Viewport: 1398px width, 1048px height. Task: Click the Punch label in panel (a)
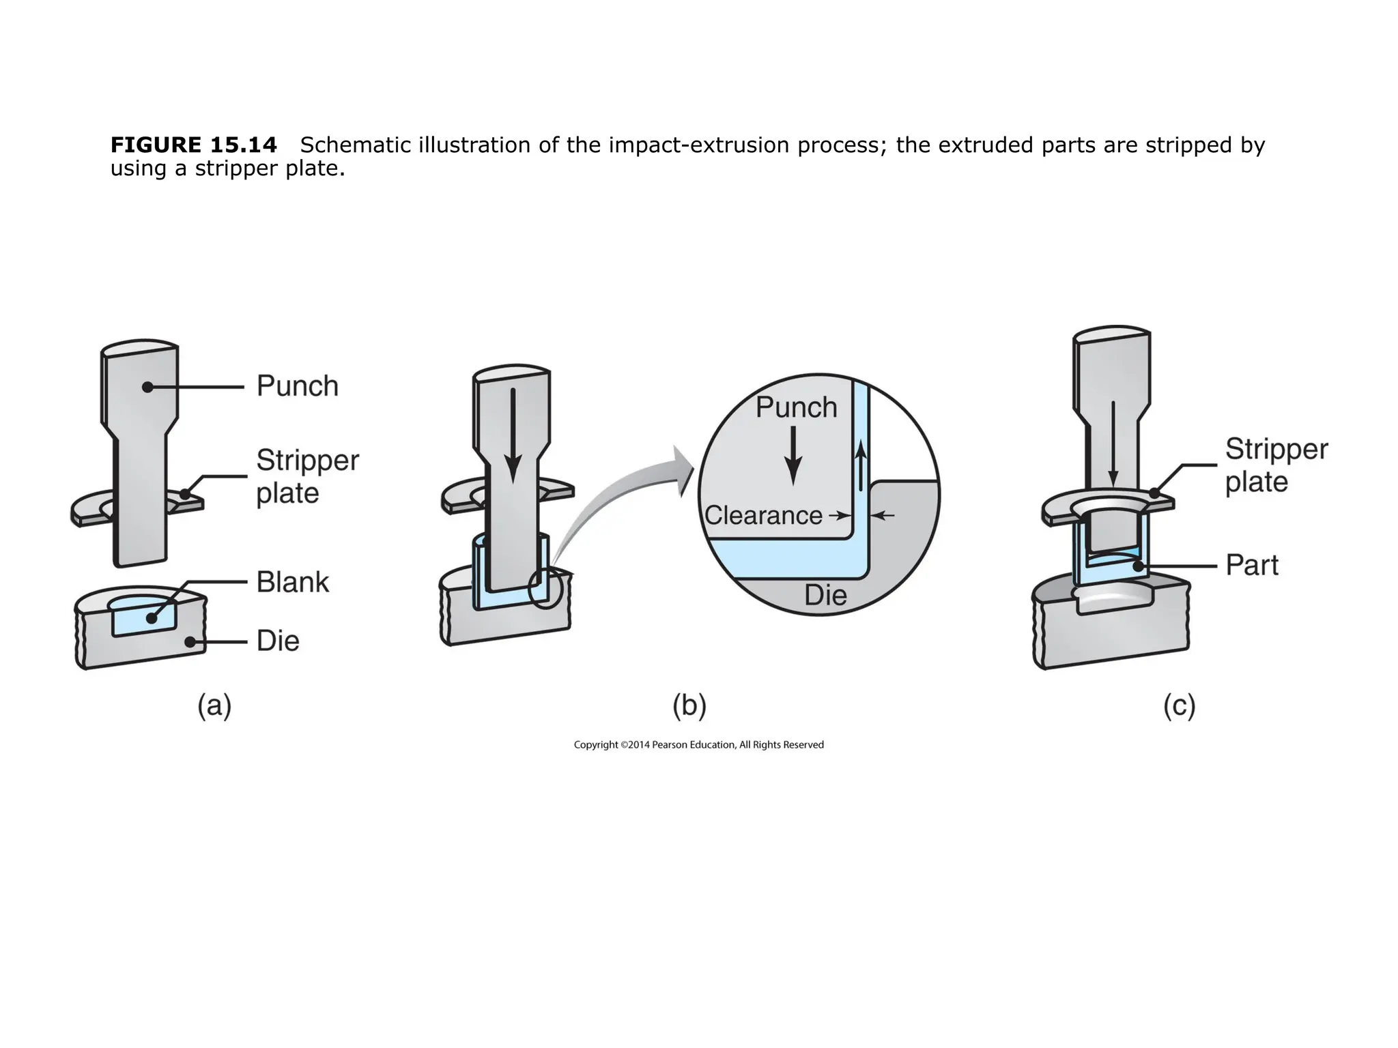pyautogui.click(x=297, y=386)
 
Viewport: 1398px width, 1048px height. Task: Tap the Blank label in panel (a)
pyautogui.click(x=292, y=582)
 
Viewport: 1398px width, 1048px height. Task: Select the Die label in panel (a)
pyautogui.click(x=278, y=641)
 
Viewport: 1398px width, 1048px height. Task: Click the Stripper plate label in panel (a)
pyautogui.click(x=306, y=476)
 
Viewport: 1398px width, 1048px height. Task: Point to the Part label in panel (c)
pyautogui.click(x=1251, y=565)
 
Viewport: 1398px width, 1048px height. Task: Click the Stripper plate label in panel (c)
pyautogui.click(x=1276, y=465)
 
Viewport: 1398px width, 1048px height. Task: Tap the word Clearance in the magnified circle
pyautogui.click(x=763, y=515)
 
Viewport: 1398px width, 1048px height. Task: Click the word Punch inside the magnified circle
pyautogui.click(x=796, y=407)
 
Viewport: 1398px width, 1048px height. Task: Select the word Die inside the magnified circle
pyautogui.click(x=825, y=596)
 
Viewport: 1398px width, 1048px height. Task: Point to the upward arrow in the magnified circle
pyautogui.click(x=861, y=465)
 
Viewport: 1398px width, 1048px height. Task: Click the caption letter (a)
pyautogui.click(x=214, y=705)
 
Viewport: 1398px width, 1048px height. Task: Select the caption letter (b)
pyautogui.click(x=689, y=705)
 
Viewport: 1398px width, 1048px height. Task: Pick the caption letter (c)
pyautogui.click(x=1179, y=705)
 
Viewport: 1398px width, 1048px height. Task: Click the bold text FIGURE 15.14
pyautogui.click(x=194, y=145)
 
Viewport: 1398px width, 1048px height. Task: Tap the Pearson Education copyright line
pyautogui.click(x=698, y=744)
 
